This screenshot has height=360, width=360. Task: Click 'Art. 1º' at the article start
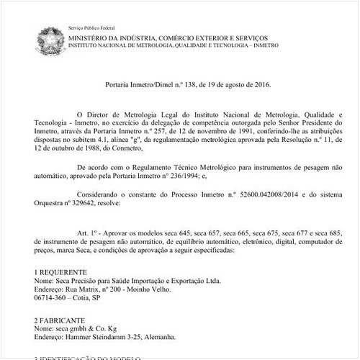pos(87,235)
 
